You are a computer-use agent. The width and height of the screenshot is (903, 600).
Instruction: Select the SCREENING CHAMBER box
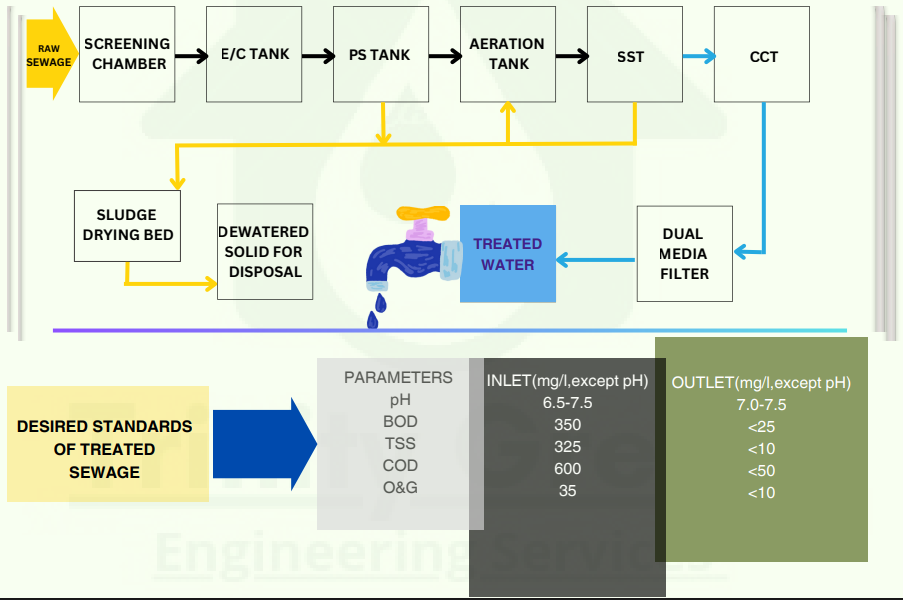[x=126, y=54]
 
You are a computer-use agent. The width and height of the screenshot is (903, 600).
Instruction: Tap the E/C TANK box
[x=254, y=54]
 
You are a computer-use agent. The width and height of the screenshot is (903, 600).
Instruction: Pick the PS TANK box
[x=380, y=54]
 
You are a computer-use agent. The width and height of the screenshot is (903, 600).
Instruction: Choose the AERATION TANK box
[x=507, y=54]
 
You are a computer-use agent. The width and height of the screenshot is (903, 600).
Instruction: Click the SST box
[x=634, y=54]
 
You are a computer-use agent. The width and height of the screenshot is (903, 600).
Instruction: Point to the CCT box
[x=762, y=54]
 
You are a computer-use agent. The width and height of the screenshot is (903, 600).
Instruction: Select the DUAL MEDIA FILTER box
[x=684, y=254]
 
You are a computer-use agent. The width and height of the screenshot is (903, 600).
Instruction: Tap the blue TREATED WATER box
[x=507, y=254]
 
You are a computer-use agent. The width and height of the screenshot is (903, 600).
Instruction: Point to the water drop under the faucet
[x=375, y=319]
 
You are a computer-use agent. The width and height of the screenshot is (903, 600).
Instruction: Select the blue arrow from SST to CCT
[x=698, y=56]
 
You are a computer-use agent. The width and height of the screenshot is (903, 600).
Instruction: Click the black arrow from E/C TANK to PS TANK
[x=317, y=56]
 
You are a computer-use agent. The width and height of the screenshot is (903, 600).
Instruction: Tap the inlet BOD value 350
[x=567, y=424]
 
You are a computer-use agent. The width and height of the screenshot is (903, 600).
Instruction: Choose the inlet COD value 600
[x=567, y=469]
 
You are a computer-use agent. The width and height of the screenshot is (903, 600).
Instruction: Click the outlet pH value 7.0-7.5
[x=760, y=405]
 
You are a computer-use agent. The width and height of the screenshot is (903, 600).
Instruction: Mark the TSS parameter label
[x=400, y=443]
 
